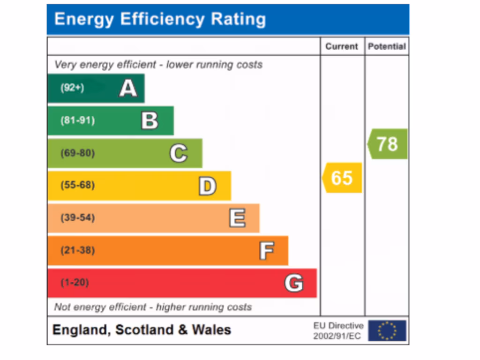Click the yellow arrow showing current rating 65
pyautogui.click(x=342, y=178)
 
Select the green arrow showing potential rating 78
pyautogui.click(x=388, y=144)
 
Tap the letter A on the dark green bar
pyautogui.click(x=128, y=88)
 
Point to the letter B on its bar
pyautogui.click(x=150, y=120)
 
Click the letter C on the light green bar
pyautogui.click(x=178, y=153)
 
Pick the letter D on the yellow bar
pyautogui.click(x=207, y=186)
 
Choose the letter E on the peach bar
pyautogui.click(x=237, y=218)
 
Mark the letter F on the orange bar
pyautogui.click(x=266, y=251)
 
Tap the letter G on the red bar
pyautogui.click(x=294, y=283)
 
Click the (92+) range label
pyautogui.click(x=72, y=88)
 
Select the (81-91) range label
pyautogui.click(x=77, y=120)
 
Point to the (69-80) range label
pyautogui.click(x=77, y=153)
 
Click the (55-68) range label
pyautogui.click(x=77, y=186)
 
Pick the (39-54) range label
pyautogui.click(x=77, y=218)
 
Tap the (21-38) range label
pyautogui.click(x=77, y=250)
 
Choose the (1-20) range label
pyautogui.click(x=75, y=283)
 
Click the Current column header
pyautogui.click(x=342, y=46)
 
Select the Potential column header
pyautogui.click(x=387, y=46)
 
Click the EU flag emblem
pyautogui.click(x=387, y=330)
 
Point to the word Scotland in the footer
pyautogui.click(x=144, y=330)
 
